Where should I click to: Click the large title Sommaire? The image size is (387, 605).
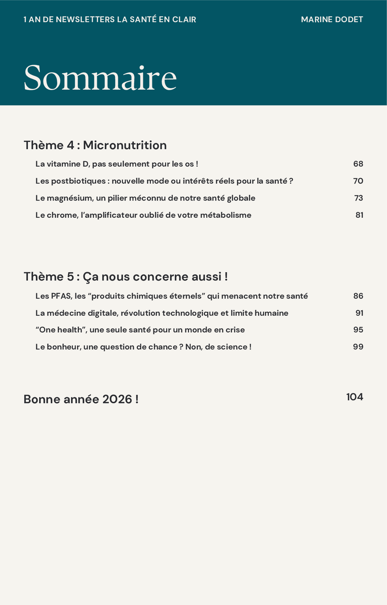click(x=100, y=78)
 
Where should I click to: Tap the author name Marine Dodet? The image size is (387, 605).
click(x=332, y=19)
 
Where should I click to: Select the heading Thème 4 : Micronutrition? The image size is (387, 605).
click(x=95, y=145)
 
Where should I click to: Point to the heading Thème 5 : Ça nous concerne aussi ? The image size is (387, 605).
click(x=125, y=277)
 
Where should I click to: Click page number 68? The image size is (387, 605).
click(x=358, y=164)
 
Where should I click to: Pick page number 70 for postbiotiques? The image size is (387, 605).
click(x=358, y=181)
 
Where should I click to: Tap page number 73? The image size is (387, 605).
click(x=358, y=198)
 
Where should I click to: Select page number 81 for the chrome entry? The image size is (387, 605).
click(x=359, y=215)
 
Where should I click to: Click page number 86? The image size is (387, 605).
click(x=358, y=296)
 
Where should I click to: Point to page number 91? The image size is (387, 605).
click(x=359, y=313)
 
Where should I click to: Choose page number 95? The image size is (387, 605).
click(x=358, y=330)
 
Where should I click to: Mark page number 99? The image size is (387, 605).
click(x=358, y=347)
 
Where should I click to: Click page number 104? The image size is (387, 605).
click(x=354, y=397)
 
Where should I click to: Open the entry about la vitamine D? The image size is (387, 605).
click(x=117, y=164)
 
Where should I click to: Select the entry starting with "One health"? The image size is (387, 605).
click(x=140, y=330)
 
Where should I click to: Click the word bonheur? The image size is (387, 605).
click(x=63, y=347)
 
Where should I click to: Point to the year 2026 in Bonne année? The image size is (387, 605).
click(x=117, y=399)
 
